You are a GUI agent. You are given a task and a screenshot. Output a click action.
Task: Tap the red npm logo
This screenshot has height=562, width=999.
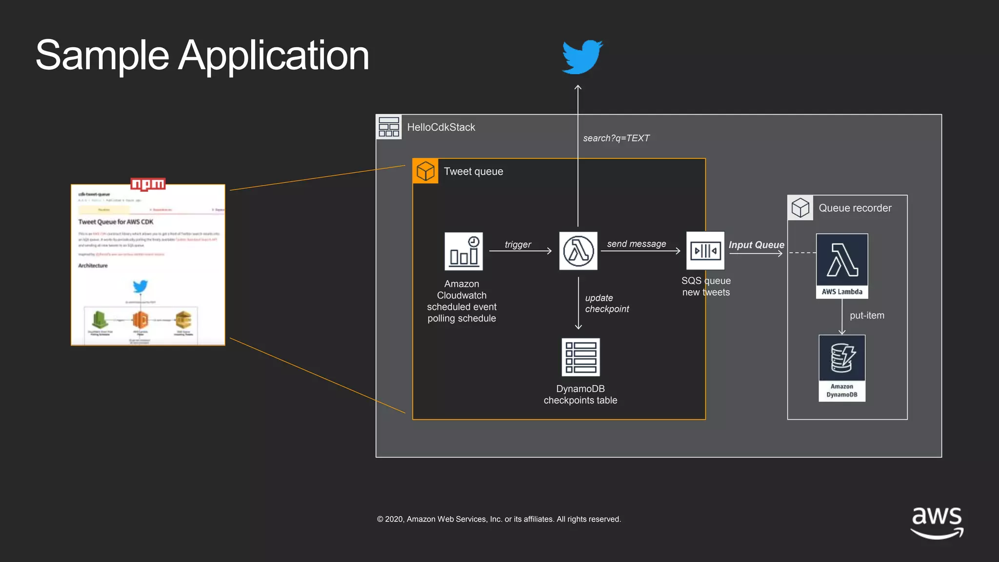click(148, 184)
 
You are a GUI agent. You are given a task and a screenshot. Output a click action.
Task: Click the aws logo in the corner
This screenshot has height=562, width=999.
click(937, 522)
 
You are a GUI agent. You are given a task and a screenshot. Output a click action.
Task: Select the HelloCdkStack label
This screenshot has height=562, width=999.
click(441, 127)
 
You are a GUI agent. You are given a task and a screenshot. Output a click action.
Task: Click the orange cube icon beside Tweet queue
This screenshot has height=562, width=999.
click(425, 171)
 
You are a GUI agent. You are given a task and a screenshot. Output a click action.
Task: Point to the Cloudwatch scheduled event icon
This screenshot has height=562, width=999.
click(463, 251)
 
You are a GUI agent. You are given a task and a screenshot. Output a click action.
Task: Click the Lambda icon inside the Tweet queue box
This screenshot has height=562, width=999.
click(578, 251)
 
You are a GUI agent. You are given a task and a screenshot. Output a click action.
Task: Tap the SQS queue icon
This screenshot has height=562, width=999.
click(705, 251)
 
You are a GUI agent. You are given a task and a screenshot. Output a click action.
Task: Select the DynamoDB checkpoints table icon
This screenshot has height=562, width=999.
click(580, 357)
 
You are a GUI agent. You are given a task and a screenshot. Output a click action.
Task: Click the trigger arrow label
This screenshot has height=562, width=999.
click(518, 244)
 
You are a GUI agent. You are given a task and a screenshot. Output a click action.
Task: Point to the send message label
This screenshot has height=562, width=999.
click(636, 243)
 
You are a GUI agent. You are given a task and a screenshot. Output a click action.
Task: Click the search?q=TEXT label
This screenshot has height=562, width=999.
click(616, 138)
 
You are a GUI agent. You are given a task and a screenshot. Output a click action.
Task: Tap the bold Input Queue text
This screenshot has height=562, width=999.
click(756, 245)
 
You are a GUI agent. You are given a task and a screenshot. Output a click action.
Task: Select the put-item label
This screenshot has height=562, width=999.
click(867, 316)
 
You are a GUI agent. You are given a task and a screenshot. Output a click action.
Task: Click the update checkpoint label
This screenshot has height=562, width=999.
click(606, 303)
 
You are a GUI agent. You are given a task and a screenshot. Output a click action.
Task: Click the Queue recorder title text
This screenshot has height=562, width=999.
click(855, 208)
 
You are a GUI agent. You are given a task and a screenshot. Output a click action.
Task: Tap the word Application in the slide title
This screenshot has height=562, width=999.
click(273, 56)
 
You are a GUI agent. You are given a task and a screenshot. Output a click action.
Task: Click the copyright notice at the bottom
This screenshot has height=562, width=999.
click(499, 519)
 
